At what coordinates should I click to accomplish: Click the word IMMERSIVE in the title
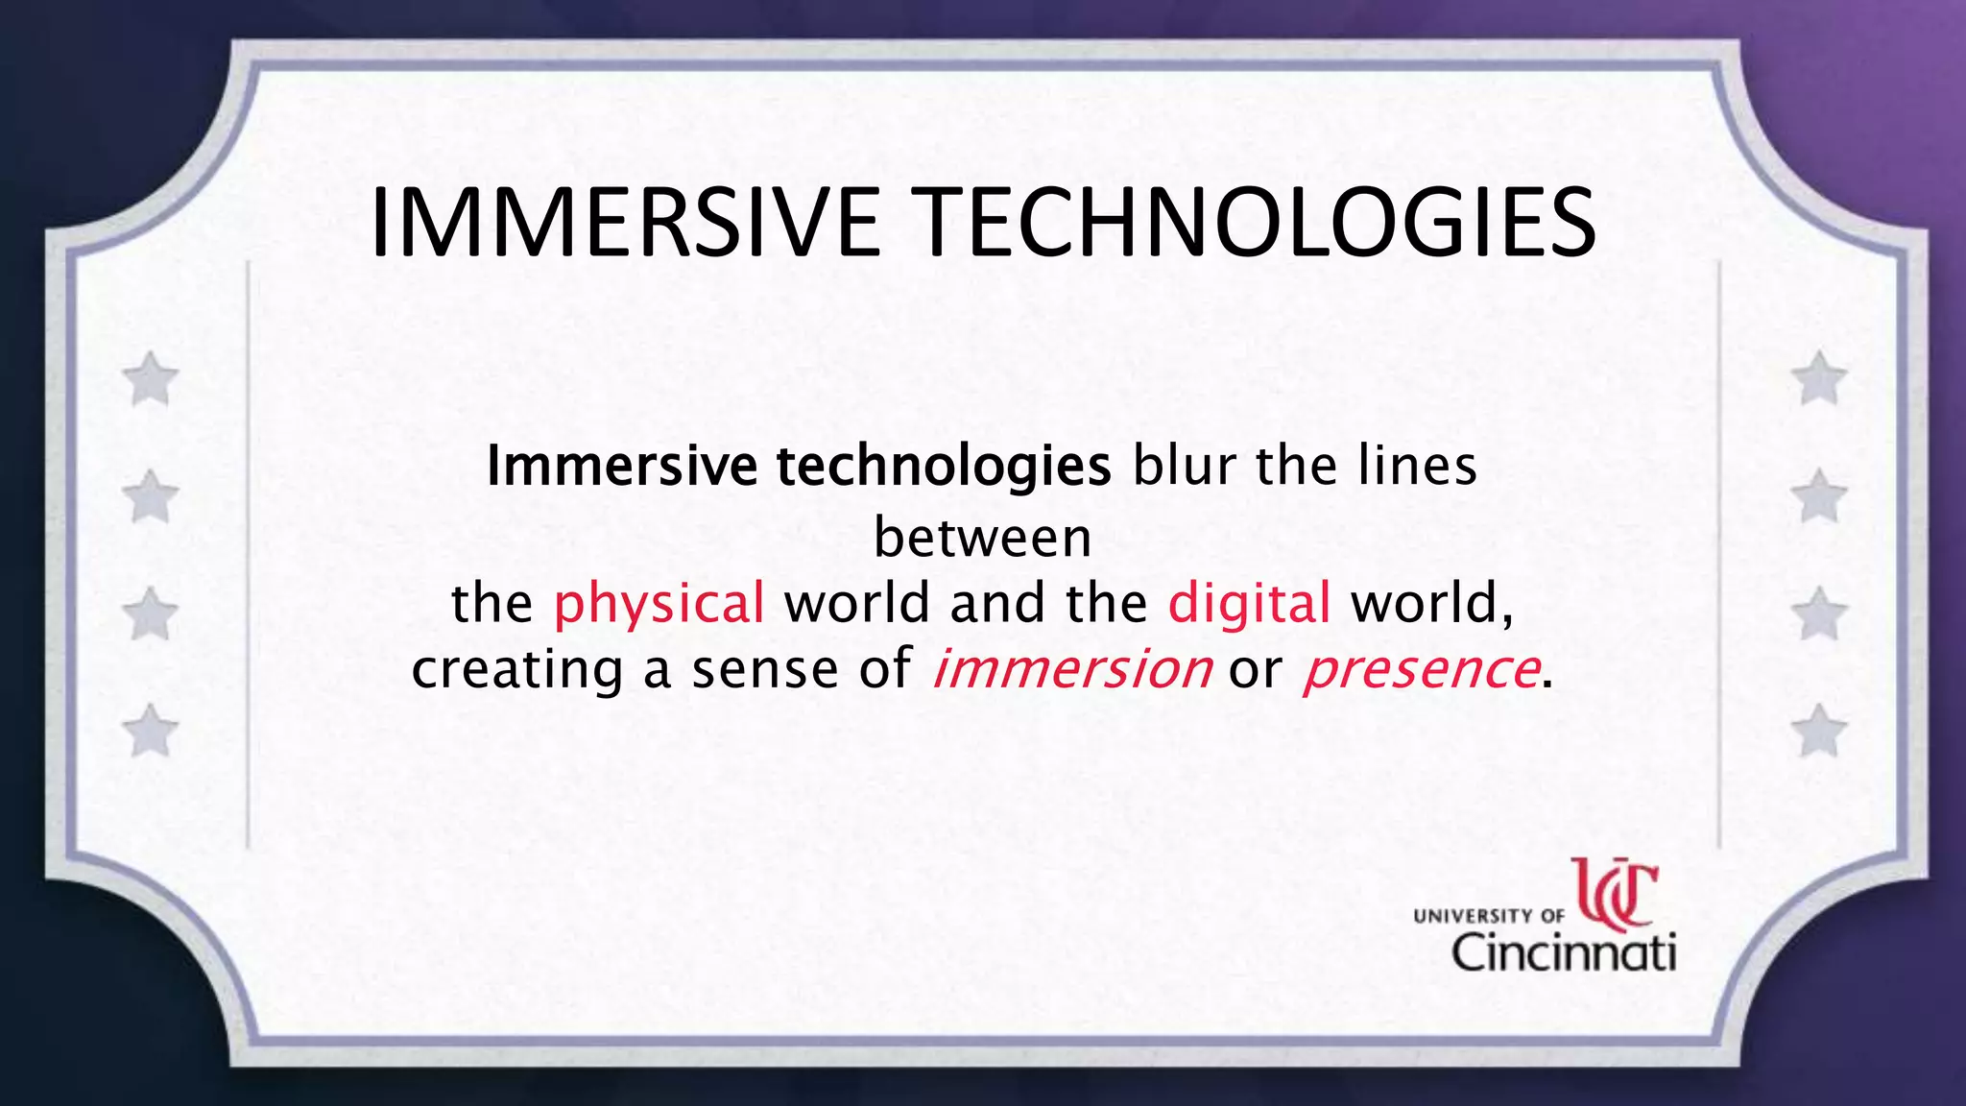pos(624,224)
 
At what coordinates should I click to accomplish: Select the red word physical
pos(659,604)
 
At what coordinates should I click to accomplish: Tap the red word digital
pos(1249,604)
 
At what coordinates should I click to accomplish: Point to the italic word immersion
pos(1070,668)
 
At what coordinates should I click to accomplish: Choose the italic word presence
pos(1420,668)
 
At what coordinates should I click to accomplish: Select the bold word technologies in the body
pos(944,467)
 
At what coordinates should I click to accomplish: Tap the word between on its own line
pos(982,538)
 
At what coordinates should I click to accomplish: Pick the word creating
pos(517,670)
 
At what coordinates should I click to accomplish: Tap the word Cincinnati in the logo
pos(1563,952)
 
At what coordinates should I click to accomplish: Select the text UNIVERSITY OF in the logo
pos(1488,916)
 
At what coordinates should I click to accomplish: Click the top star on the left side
pos(151,378)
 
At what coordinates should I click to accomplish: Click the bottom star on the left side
pos(151,731)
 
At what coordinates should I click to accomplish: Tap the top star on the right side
pos(1818,378)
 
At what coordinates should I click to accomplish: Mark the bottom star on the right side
pos(1818,731)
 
